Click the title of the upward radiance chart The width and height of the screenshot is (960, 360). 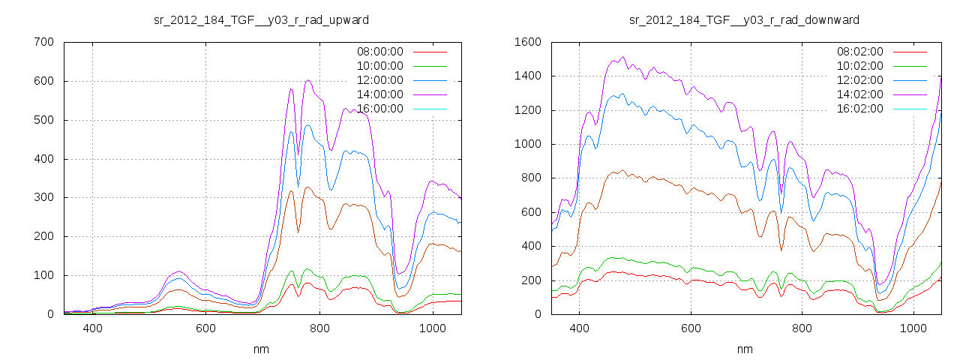click(x=261, y=19)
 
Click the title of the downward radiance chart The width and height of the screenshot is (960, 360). click(x=744, y=19)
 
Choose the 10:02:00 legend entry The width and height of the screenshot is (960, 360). click(x=859, y=66)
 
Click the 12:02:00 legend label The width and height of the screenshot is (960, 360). click(x=859, y=80)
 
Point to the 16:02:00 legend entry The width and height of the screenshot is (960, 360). click(x=859, y=109)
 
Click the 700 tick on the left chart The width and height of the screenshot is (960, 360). click(x=43, y=42)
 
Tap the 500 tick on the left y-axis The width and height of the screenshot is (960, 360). click(x=43, y=120)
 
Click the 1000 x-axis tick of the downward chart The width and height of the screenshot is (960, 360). click(x=914, y=328)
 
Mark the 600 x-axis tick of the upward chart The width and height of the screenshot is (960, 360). click(x=206, y=328)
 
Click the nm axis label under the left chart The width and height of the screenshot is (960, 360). click(x=261, y=349)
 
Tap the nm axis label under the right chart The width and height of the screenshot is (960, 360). click(x=744, y=349)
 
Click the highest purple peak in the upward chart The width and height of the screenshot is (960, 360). click(x=308, y=80)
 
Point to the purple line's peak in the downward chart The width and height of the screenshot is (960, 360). click(x=622, y=57)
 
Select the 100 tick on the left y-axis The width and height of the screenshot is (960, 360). click(x=43, y=275)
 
